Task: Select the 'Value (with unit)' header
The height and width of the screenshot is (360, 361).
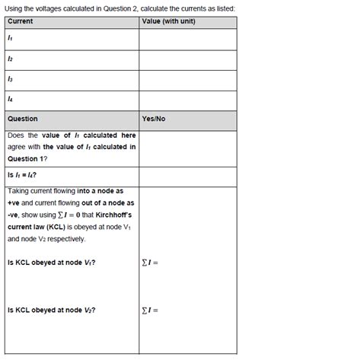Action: tap(169, 21)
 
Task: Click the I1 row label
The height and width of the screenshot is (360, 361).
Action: tap(10, 38)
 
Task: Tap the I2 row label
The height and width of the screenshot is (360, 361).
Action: tap(10, 59)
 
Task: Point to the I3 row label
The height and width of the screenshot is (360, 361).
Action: tap(10, 79)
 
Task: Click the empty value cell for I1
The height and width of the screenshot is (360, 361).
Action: tap(187, 39)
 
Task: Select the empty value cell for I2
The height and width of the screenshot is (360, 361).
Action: tap(187, 59)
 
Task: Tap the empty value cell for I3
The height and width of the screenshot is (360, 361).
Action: tap(187, 80)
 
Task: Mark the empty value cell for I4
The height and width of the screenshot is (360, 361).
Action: tap(187, 100)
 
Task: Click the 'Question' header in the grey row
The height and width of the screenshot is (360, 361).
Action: tap(23, 119)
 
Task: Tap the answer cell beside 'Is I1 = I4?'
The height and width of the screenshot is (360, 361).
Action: tap(187, 176)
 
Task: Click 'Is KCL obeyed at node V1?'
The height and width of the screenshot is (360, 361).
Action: tap(51, 263)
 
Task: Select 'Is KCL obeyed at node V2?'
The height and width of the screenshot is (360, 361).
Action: tap(51, 310)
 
